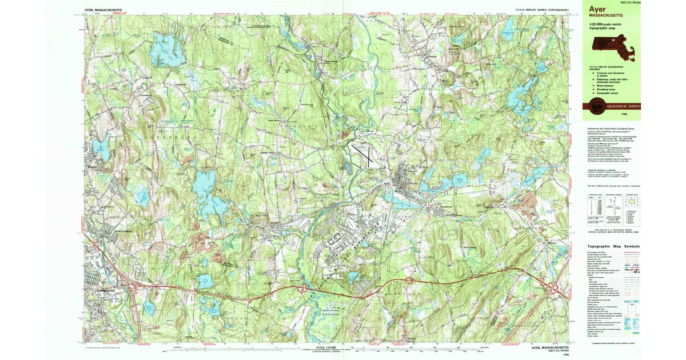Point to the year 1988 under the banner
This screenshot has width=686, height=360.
(x=631, y=114)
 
